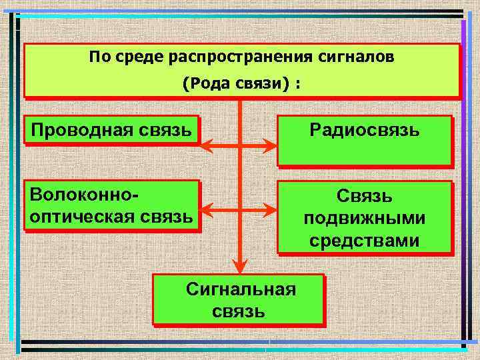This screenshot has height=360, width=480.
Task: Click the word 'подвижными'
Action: coord(364,219)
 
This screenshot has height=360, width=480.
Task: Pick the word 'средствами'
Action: coord(364,239)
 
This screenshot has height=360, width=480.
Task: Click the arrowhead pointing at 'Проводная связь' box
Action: coord(206,145)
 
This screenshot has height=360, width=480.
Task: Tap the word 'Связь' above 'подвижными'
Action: coord(364,197)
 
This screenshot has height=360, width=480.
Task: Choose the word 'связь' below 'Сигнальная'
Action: coord(238,311)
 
